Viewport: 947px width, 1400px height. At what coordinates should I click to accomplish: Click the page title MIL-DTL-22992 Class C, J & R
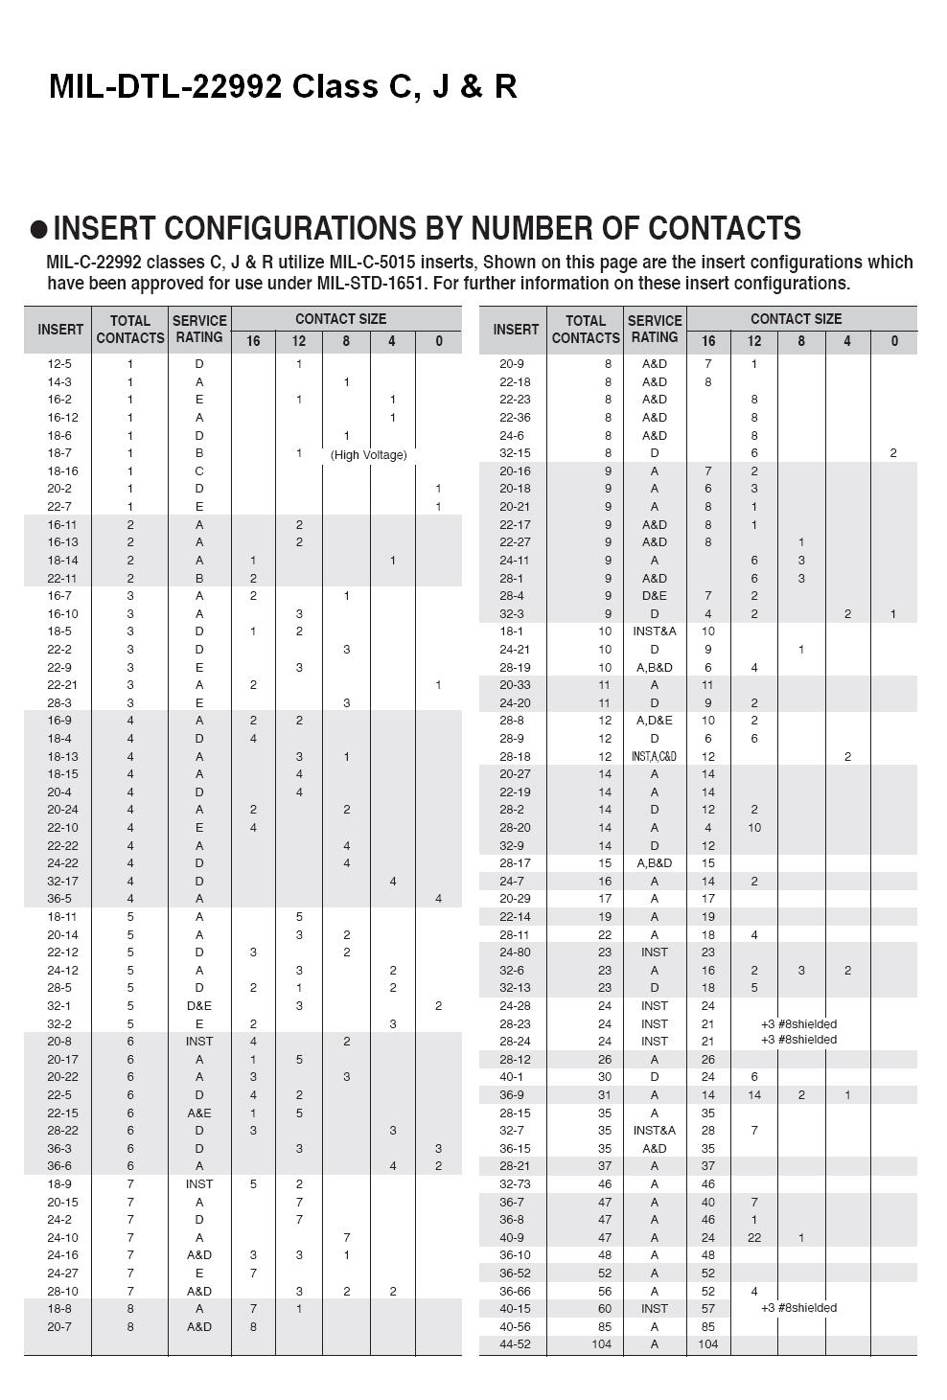click(283, 87)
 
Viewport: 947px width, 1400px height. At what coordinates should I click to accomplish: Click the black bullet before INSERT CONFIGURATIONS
click(38, 229)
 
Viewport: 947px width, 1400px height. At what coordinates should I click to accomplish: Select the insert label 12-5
click(59, 364)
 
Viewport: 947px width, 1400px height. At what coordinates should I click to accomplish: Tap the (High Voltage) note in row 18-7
click(368, 454)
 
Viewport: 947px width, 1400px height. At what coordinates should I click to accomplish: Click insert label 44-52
click(515, 1344)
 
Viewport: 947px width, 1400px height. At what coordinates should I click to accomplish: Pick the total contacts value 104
click(601, 1344)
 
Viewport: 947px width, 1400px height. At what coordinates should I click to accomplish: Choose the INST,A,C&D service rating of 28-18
click(654, 757)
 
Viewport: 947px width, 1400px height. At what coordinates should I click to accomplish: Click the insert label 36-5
click(59, 899)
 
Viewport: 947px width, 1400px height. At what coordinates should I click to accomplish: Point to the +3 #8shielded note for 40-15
click(798, 1308)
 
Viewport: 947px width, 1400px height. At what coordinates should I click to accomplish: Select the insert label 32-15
click(515, 453)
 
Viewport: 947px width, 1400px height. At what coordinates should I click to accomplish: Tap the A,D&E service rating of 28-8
click(654, 721)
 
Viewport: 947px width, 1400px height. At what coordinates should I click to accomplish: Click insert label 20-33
click(515, 685)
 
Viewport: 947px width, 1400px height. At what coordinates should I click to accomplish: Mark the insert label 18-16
click(62, 471)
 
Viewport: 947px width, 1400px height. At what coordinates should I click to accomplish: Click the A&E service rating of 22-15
click(199, 1113)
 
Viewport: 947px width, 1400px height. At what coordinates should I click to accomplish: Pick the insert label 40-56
click(515, 1327)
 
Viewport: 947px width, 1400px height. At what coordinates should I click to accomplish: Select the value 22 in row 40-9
click(754, 1238)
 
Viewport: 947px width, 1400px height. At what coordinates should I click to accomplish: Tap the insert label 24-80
click(515, 952)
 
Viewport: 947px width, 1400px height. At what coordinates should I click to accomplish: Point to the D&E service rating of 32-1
click(199, 1006)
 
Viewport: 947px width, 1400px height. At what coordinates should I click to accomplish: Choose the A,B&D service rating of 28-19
click(654, 668)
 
